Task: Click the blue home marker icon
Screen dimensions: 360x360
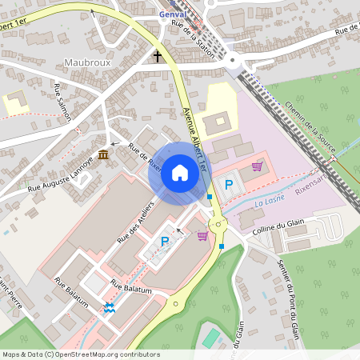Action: coord(179,173)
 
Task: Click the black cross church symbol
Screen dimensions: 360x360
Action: coord(158,57)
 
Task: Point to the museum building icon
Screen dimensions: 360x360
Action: coord(103,154)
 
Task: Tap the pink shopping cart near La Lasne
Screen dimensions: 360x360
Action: coord(257,166)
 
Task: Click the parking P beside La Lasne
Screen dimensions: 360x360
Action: coord(229,185)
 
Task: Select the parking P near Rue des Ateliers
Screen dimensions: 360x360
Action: coord(166,241)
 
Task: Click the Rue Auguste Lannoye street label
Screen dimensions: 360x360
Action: coord(61,174)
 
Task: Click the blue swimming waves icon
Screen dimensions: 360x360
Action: coord(109,308)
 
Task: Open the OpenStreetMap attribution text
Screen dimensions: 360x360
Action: coord(81,354)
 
